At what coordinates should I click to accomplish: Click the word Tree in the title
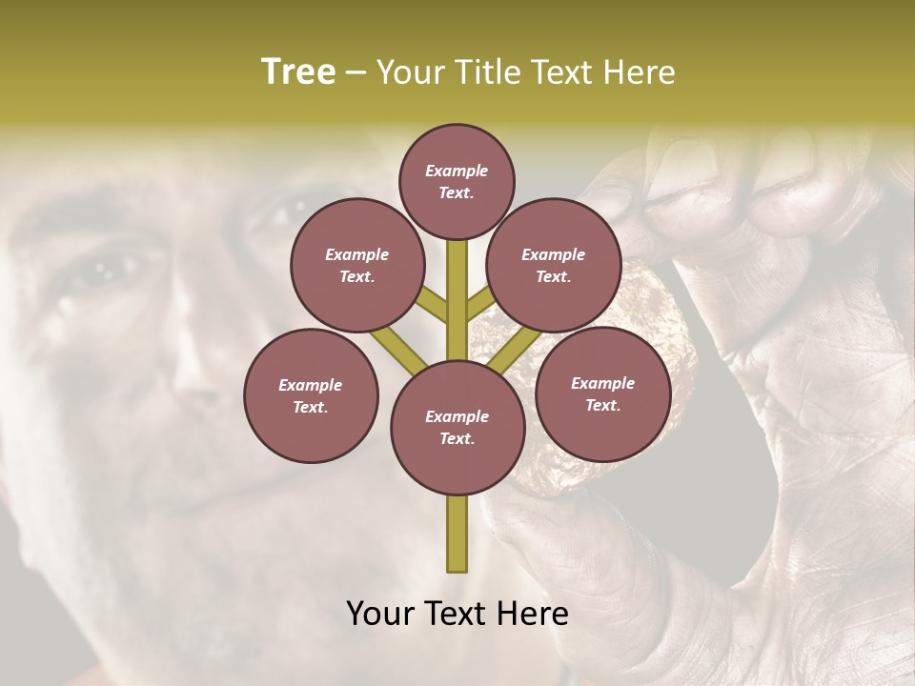298,72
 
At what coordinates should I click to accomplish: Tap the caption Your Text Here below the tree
457,614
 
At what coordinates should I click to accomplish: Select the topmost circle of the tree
457,181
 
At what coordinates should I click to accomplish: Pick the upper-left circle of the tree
357,266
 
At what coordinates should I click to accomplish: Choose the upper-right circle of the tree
554,266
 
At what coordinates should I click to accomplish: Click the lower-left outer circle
311,395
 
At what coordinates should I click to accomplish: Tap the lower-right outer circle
602,393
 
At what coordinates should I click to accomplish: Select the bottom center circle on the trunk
457,428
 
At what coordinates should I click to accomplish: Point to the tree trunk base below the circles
457,534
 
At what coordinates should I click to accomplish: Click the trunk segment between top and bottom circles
457,295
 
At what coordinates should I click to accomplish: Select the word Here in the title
639,72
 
